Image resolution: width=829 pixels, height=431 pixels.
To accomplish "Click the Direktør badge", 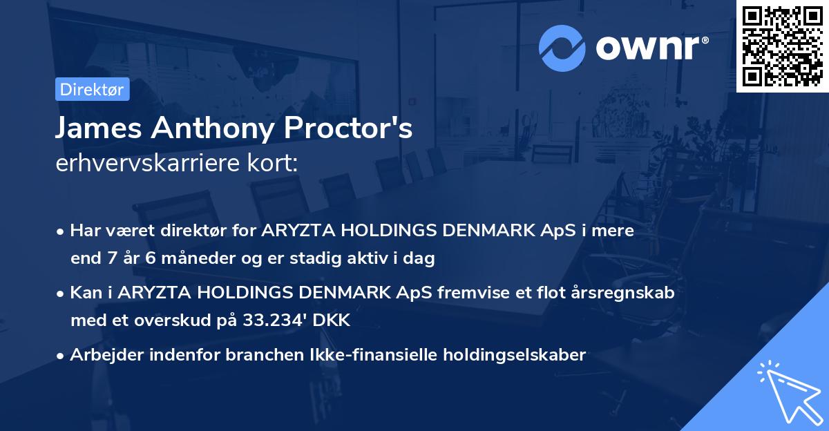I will pos(92,89).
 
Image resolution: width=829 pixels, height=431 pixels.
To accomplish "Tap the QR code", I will pos(783,46).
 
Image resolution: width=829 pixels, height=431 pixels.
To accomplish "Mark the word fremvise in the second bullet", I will pos(472,292).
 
